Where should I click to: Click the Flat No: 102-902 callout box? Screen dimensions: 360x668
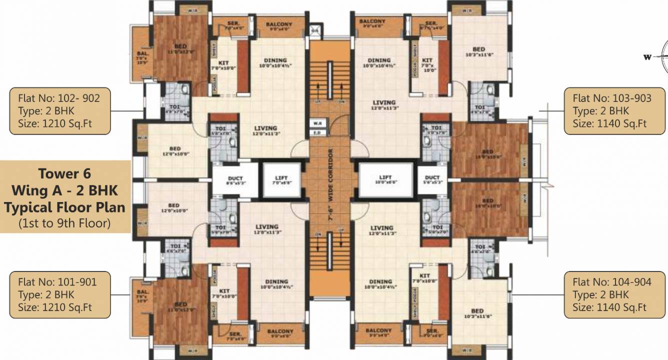tap(60, 111)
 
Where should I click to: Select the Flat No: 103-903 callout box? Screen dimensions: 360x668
tap(614, 111)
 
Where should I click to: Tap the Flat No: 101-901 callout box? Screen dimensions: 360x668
tap(60, 294)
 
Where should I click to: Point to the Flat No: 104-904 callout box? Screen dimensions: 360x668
tap(614, 294)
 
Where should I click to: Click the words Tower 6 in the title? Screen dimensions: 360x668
tap(65, 174)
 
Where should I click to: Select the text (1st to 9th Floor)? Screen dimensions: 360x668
tap(65, 223)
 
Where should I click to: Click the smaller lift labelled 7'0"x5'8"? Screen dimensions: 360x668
tap(281, 179)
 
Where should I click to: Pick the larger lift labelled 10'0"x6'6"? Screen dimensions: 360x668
tap(385, 179)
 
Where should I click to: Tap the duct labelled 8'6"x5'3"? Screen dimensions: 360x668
tap(235, 180)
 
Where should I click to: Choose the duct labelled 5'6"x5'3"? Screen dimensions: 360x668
tap(432, 179)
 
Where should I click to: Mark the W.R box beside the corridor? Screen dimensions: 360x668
tap(317, 123)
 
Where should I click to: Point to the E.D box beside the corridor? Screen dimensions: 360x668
tap(317, 133)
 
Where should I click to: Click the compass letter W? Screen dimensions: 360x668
tap(647, 57)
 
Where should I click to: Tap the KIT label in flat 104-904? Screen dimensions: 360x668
tap(425, 276)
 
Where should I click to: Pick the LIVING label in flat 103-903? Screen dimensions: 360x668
tap(383, 103)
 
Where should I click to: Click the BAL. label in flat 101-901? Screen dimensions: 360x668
tap(142, 292)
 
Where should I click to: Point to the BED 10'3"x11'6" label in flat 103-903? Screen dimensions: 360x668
tap(478, 49)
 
